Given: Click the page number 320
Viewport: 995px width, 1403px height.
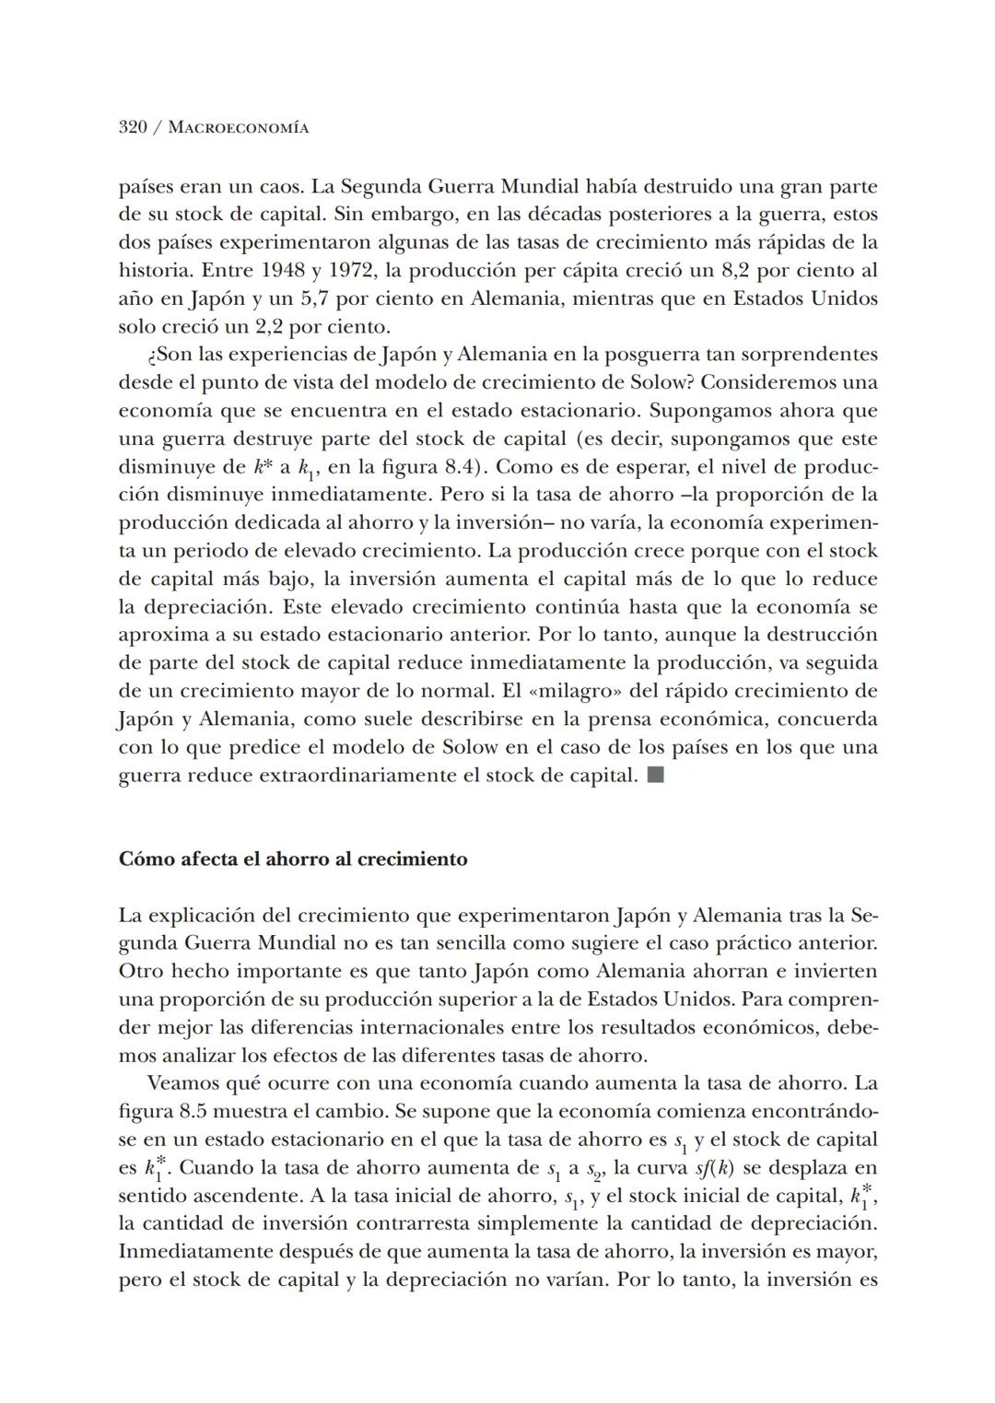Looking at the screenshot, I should coord(133,127).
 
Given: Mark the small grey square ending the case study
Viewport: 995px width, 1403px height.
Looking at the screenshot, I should coord(655,775).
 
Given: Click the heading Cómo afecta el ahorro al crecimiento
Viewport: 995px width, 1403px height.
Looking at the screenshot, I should coord(293,859).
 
